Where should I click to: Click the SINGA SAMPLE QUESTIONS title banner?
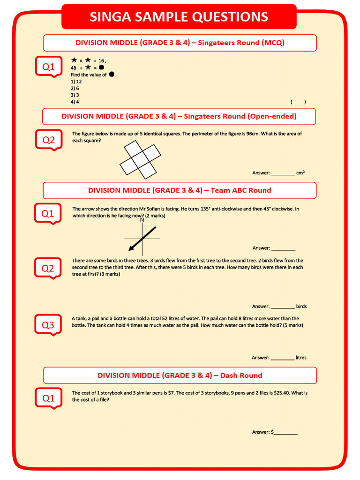tap(179, 17)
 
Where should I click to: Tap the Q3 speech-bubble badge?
tap(48, 325)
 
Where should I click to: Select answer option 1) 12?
tap(76, 81)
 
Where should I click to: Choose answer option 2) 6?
tap(75, 88)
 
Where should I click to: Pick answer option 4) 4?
tap(75, 102)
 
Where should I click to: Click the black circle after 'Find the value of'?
tap(112, 75)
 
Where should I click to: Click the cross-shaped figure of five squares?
tap(140, 161)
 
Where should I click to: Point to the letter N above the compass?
tap(142, 220)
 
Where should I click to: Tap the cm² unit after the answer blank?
tap(300, 173)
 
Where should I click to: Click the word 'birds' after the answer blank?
tap(301, 307)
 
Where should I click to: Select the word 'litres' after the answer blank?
tap(301, 358)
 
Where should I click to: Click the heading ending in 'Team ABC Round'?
tap(180, 190)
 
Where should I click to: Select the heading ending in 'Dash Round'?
tap(180, 375)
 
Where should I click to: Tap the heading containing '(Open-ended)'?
tap(179, 116)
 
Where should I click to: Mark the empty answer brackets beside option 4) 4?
tap(298, 102)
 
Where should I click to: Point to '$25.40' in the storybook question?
tap(277, 393)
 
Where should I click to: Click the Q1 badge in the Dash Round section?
tap(48, 398)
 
